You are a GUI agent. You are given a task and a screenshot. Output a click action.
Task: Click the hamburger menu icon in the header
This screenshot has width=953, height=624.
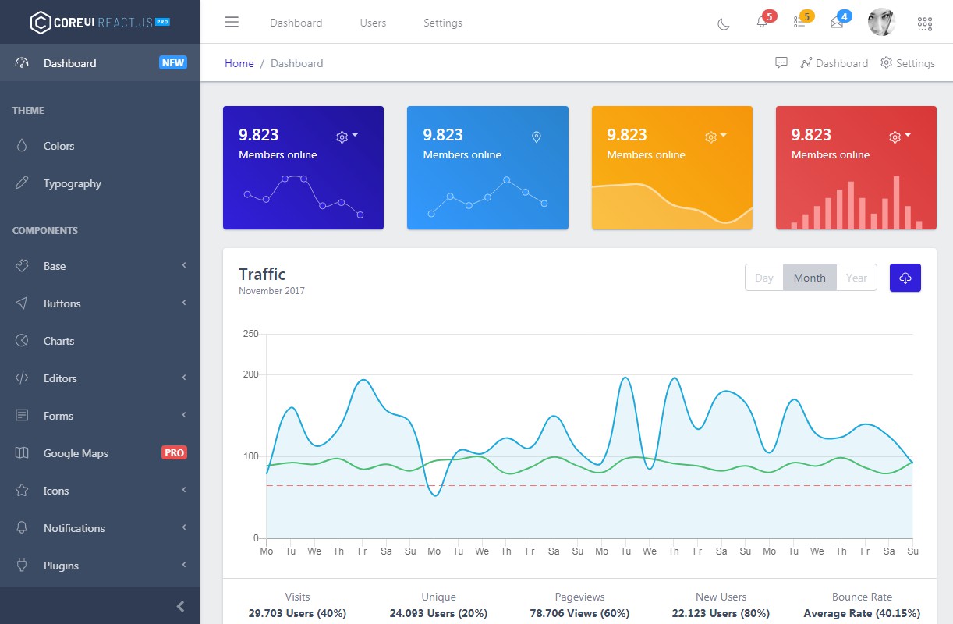tap(232, 22)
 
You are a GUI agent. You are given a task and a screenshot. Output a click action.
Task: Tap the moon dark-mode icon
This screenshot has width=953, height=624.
tap(724, 23)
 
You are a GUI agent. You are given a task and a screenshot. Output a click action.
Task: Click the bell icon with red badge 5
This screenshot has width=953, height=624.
tap(762, 22)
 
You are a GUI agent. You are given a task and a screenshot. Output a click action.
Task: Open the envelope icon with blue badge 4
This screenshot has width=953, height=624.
tap(837, 22)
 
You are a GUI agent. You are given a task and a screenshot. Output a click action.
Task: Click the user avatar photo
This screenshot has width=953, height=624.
tap(881, 22)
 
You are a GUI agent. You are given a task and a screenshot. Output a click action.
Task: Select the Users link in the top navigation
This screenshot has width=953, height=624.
tap(373, 23)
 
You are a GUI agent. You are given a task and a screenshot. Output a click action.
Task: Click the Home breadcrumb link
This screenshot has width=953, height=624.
tap(239, 63)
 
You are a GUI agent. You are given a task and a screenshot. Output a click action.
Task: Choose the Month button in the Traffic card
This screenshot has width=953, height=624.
tap(810, 278)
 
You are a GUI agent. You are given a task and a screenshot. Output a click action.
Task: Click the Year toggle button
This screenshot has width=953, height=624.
tap(856, 278)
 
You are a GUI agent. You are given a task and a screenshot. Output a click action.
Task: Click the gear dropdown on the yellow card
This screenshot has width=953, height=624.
tap(715, 136)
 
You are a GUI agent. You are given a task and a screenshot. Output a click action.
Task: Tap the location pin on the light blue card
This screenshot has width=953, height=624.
tap(536, 137)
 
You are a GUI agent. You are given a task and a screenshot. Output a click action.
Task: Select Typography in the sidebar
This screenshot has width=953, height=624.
tap(73, 183)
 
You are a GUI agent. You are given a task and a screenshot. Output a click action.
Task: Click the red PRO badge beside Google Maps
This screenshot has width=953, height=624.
tap(174, 452)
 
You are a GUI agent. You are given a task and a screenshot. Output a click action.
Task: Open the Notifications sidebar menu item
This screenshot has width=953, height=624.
tap(74, 528)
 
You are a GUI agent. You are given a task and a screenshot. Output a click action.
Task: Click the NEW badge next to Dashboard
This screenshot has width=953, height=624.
tap(173, 62)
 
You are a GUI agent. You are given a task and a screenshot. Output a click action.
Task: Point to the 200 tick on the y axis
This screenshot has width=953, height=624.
tap(250, 374)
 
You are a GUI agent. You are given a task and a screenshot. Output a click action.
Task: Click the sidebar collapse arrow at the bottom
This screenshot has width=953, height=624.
tap(180, 606)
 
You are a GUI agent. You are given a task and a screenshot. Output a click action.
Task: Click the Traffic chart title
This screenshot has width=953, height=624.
tap(262, 274)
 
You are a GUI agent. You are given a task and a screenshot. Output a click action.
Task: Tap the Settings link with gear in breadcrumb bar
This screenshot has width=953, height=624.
tap(908, 63)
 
